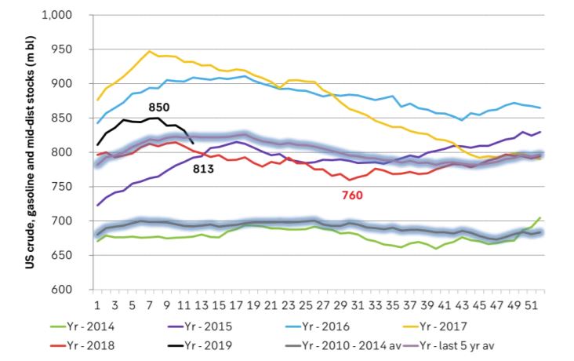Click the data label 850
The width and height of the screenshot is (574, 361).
(159, 107)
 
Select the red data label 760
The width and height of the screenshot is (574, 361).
(351, 195)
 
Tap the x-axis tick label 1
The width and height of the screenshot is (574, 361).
(97, 304)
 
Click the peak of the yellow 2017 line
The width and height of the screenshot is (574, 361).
(149, 51)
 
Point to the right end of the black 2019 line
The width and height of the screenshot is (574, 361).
(194, 144)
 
